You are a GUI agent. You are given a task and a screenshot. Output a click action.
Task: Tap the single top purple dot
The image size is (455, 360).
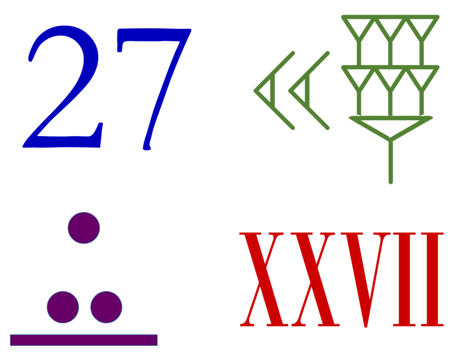[84, 228]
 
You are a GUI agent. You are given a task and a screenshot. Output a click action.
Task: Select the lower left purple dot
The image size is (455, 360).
[63, 307]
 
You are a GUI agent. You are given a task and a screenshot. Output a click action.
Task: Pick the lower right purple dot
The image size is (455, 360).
[106, 307]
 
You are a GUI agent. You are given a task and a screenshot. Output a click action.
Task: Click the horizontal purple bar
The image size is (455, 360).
[84, 340]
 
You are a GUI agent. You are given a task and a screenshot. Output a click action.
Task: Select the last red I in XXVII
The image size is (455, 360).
[432, 279]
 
